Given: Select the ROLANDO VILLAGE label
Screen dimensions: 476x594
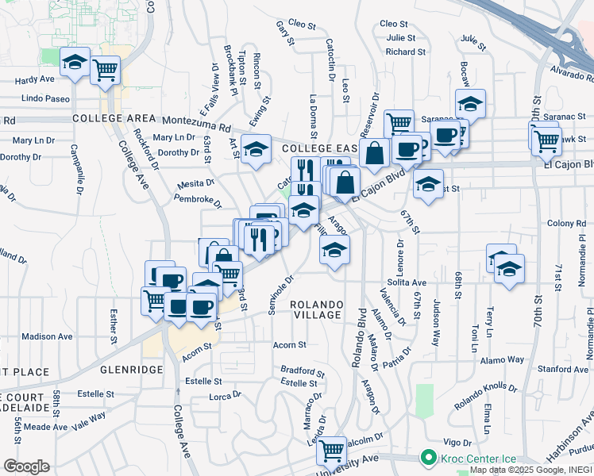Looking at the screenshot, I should click(x=316, y=309).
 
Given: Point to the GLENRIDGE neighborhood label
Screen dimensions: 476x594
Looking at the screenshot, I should click(x=131, y=370).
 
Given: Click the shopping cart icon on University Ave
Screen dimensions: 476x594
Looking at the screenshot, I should click(x=332, y=450).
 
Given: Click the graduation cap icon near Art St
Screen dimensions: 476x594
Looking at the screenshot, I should click(x=256, y=149).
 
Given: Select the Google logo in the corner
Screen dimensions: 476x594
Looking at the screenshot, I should click(x=26, y=466).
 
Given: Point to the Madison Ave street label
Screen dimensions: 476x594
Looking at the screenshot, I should click(x=47, y=336).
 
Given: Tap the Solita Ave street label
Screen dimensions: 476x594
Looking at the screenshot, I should click(x=407, y=282).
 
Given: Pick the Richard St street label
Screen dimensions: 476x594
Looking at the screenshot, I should click(x=405, y=52).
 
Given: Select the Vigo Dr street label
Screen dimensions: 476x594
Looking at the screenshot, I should click(x=457, y=441).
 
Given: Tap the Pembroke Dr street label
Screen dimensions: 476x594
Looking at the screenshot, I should click(x=199, y=199).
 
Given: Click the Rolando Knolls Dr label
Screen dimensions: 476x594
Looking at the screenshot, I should click(x=485, y=397).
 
